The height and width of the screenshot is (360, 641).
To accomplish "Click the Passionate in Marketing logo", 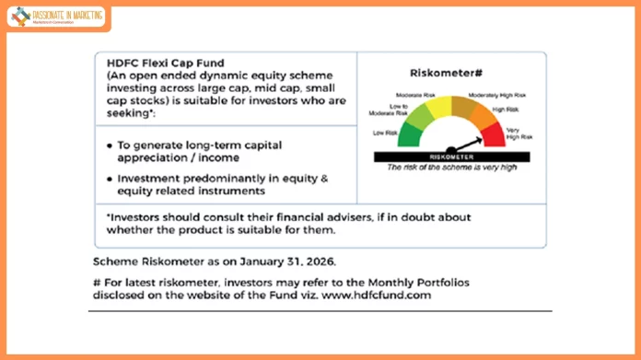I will click(x=56, y=17).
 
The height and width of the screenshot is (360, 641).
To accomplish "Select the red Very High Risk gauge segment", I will click(x=493, y=134).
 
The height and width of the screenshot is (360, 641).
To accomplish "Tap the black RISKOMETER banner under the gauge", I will click(x=449, y=157).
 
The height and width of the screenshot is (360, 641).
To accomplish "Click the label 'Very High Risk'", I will click(x=520, y=134).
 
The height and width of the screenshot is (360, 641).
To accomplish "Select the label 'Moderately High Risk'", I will click(x=497, y=95).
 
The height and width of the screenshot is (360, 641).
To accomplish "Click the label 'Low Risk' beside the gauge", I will click(x=385, y=133).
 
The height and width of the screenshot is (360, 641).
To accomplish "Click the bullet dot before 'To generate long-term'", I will click(x=111, y=145).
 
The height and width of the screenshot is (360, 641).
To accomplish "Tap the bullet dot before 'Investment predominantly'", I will click(x=111, y=179).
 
